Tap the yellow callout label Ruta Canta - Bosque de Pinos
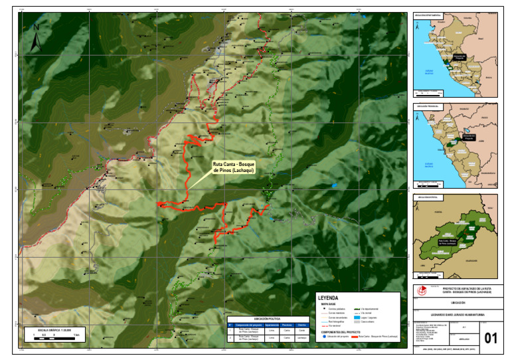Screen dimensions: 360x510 point(234,167)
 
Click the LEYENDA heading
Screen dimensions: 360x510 point(329,298)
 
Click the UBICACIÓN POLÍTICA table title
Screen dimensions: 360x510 point(266,319)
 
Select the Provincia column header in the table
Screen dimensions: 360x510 point(286,324)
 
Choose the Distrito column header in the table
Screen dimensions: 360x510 point(301,324)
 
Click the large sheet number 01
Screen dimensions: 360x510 point(491,338)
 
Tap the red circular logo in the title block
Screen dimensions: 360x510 point(417,290)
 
